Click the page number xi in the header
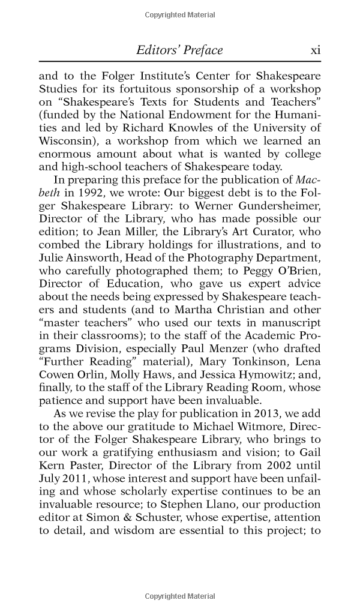click(315, 50)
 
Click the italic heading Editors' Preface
click(179, 50)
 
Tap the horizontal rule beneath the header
click(180, 62)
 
